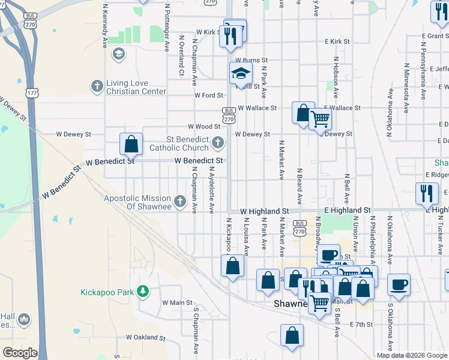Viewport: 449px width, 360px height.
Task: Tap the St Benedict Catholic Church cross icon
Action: pos(217,143)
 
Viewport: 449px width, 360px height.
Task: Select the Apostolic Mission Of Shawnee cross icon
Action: pos(179,202)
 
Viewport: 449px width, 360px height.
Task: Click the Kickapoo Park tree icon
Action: pos(143,292)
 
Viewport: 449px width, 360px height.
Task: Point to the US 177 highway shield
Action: pos(32,94)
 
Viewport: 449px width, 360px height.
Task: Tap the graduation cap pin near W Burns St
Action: pos(240,74)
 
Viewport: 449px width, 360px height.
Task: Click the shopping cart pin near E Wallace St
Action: pos(320,119)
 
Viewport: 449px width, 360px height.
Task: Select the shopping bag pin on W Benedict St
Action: pos(131,144)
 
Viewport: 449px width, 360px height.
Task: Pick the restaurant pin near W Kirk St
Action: pos(231,37)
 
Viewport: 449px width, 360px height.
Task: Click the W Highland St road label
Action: pos(265,211)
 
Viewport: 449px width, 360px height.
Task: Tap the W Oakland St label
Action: pos(145,338)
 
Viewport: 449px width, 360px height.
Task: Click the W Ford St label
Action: pos(209,95)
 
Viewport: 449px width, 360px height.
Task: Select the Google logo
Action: pos(20,353)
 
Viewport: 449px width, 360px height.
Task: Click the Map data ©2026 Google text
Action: pos(412,355)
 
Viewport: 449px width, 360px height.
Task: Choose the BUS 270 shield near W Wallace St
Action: pos(229,115)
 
